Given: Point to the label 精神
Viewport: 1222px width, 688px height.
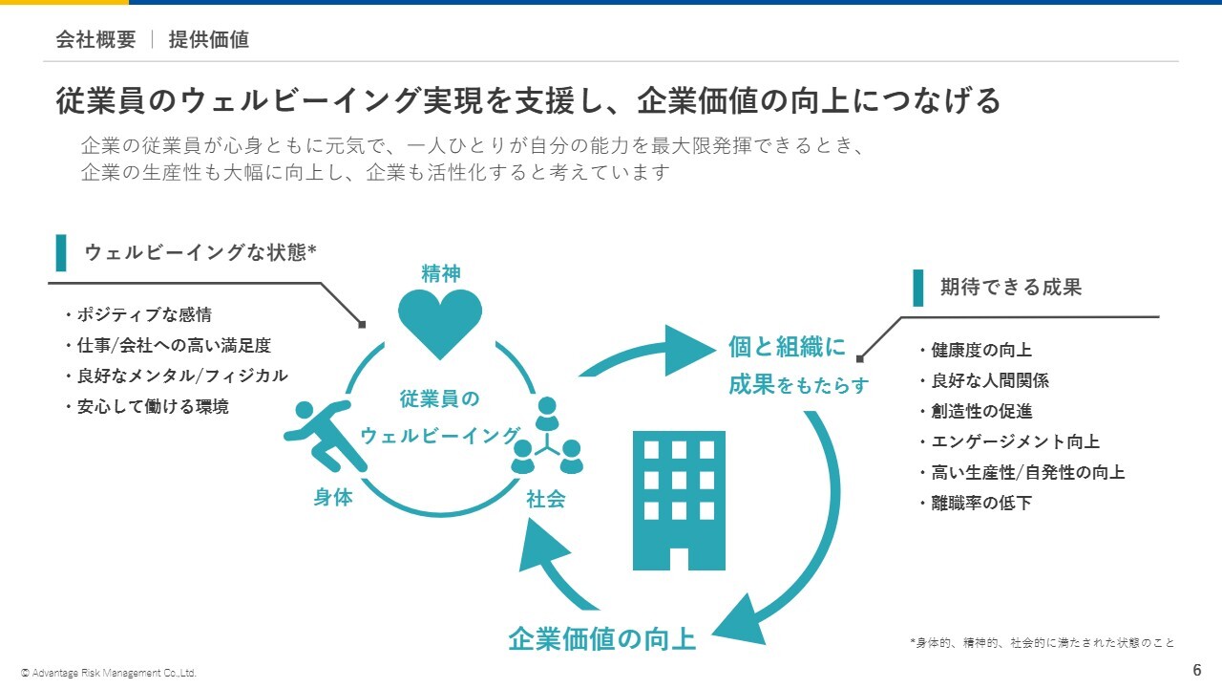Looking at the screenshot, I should tap(440, 274).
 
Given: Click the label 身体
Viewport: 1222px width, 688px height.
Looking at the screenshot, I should tap(333, 498).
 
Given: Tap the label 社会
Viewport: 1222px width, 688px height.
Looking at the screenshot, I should tap(546, 499).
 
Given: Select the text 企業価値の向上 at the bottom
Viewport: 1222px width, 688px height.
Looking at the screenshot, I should tap(601, 638).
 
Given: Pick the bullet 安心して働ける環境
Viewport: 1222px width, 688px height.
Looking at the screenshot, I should tap(152, 406).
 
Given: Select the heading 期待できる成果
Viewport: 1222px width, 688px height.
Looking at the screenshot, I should tap(1010, 288).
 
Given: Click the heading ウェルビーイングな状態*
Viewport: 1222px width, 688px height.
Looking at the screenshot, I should tap(200, 252).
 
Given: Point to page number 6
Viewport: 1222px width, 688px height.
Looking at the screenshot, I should tap(1197, 669).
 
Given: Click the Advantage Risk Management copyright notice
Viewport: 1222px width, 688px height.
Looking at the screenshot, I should tap(109, 673).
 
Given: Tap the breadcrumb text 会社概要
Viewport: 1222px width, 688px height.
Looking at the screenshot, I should tap(95, 39).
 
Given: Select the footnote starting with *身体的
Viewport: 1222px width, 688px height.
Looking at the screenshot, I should tap(1042, 643).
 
